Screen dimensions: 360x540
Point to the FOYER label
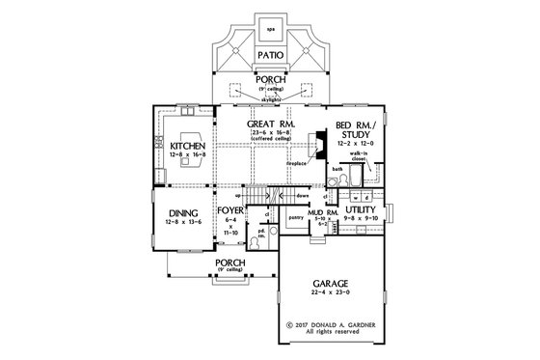click(229, 207)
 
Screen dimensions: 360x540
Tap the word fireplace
click(296, 163)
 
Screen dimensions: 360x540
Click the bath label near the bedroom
click(337, 170)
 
